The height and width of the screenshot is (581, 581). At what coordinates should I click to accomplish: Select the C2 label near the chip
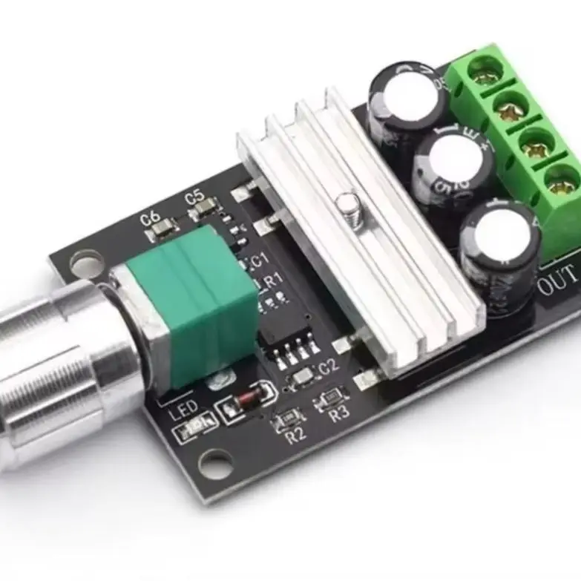click(x=328, y=365)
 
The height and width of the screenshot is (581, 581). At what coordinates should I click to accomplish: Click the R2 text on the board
click(x=295, y=436)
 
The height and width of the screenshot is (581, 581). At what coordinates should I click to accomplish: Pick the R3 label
click(x=338, y=414)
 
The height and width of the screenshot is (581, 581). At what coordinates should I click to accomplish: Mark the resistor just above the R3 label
click(x=326, y=401)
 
